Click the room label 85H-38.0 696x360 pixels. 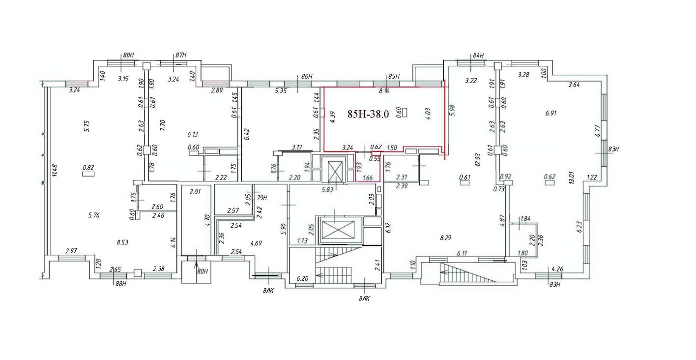click(x=368, y=114)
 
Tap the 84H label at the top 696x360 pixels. click(x=478, y=56)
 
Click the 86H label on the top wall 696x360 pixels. click(x=307, y=77)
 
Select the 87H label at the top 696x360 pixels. click(x=180, y=56)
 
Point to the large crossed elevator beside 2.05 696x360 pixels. click(x=337, y=229)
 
